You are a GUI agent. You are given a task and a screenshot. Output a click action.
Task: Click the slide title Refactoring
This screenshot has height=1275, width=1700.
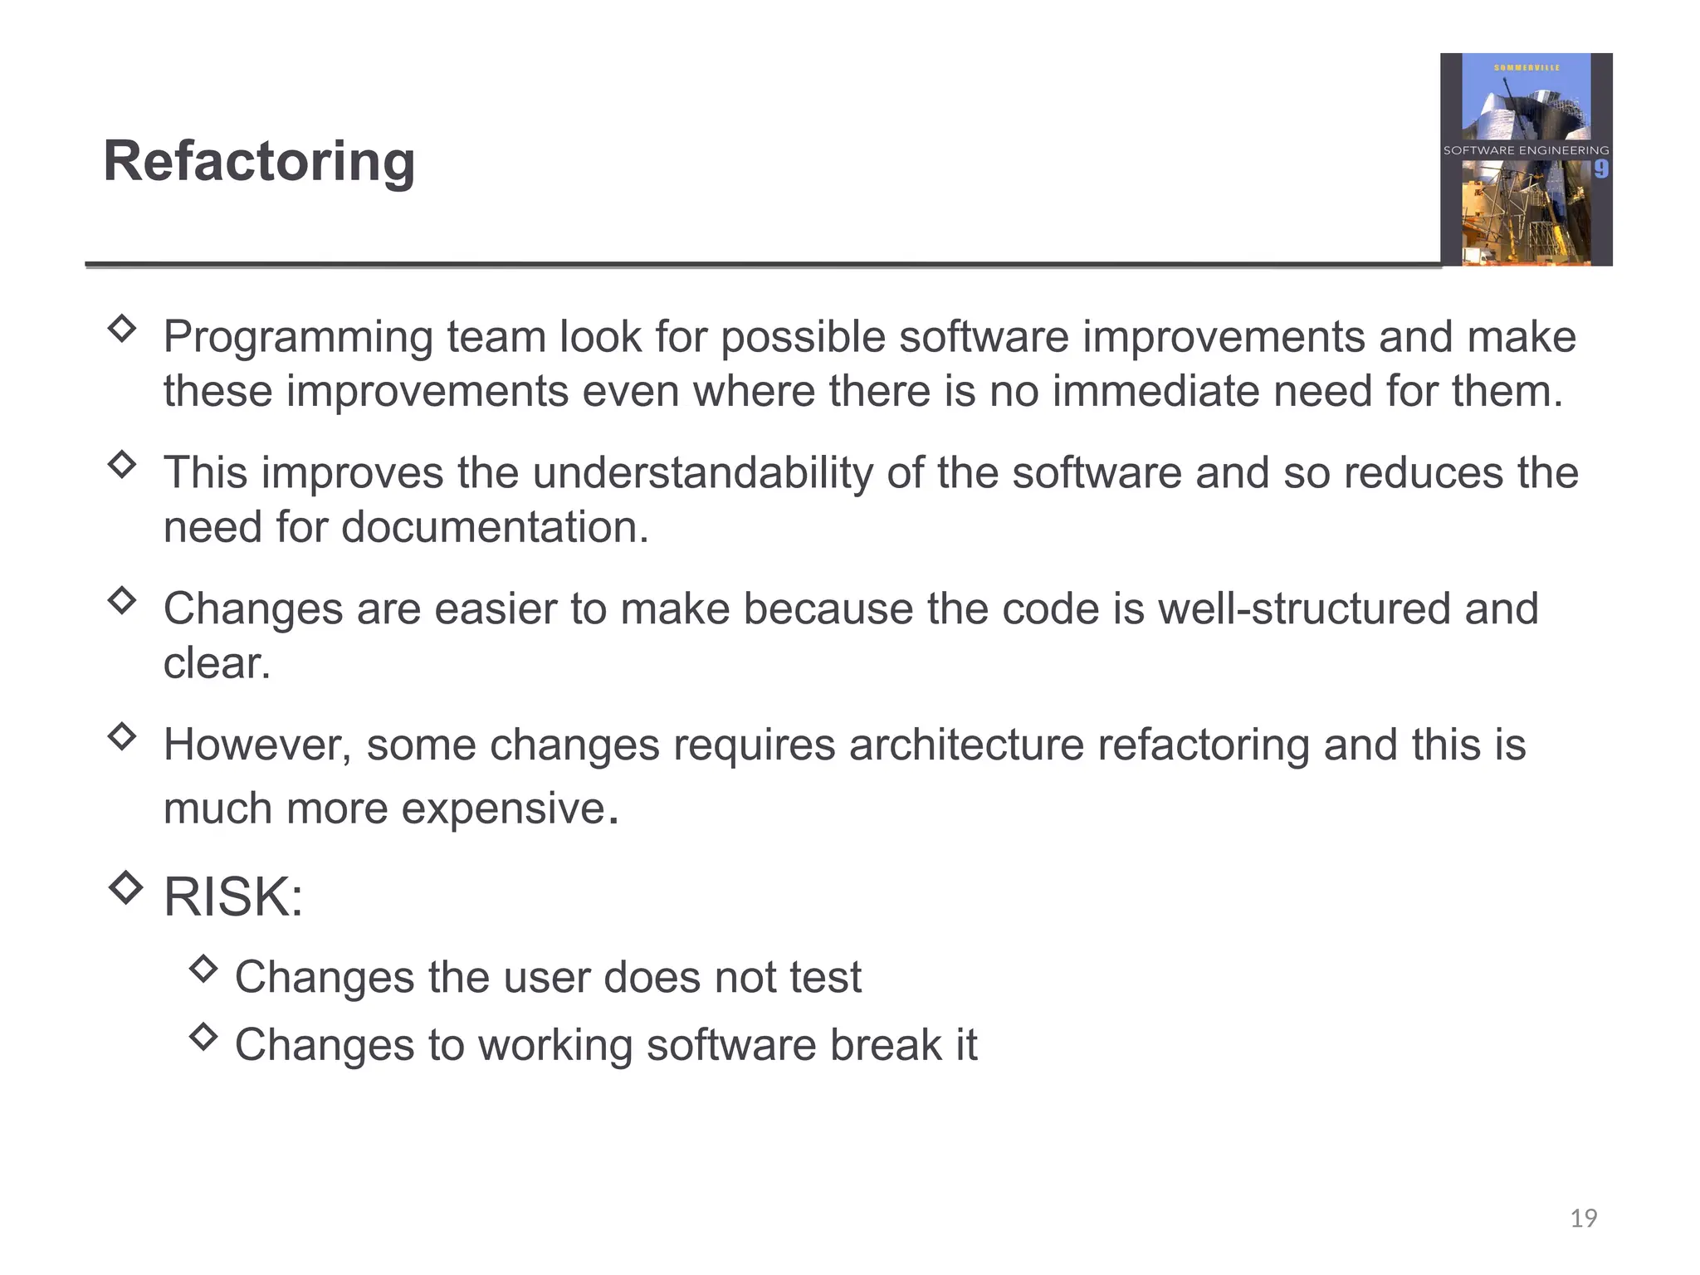259,161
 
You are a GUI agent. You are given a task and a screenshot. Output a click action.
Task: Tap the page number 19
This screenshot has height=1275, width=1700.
1583,1218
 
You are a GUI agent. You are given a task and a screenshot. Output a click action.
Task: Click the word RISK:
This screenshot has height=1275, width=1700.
233,897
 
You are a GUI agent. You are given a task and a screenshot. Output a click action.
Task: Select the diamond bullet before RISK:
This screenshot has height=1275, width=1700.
125,887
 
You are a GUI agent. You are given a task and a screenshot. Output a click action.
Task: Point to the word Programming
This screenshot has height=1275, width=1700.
298,338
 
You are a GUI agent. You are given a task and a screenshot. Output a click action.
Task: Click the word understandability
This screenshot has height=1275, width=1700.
702,473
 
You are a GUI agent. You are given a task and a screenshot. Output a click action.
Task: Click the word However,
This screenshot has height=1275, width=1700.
257,745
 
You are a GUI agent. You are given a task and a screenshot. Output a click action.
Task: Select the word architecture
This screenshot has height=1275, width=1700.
966,745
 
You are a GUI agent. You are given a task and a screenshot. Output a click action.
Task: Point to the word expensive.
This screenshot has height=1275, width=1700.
504,808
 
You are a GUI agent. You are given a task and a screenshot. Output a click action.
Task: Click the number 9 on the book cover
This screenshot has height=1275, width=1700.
1600,169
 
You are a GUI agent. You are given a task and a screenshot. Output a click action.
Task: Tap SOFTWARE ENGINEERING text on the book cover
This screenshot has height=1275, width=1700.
1526,150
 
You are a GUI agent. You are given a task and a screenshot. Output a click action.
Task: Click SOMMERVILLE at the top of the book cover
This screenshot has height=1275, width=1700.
1527,67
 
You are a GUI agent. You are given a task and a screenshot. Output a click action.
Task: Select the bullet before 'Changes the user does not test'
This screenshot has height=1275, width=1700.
203,968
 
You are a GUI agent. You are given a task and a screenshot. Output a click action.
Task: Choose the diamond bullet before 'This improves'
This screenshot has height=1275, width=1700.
122,463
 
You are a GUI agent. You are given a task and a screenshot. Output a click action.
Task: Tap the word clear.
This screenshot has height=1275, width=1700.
216,663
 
